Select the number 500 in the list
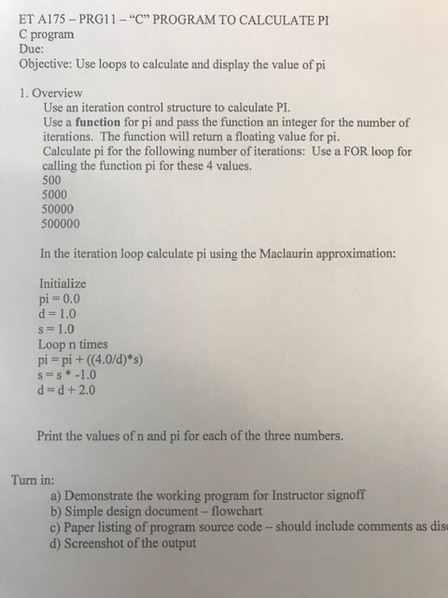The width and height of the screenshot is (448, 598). (x=54, y=179)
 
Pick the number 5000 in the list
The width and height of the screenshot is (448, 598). (x=58, y=194)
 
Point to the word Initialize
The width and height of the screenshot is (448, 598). (x=64, y=283)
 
